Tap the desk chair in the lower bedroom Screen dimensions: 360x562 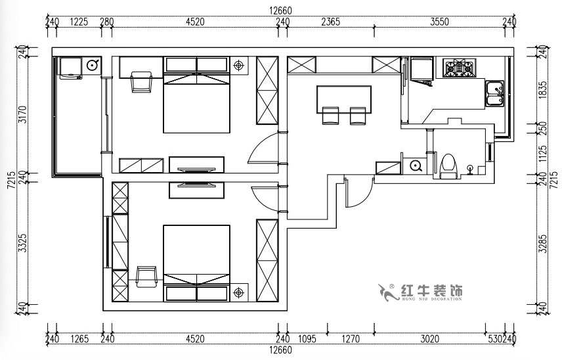click(145, 276)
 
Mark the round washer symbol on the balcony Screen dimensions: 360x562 click(92, 64)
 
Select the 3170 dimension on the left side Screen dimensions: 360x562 click(21, 114)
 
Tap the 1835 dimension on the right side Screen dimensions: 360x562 click(542, 89)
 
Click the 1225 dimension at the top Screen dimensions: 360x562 click(79, 21)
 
